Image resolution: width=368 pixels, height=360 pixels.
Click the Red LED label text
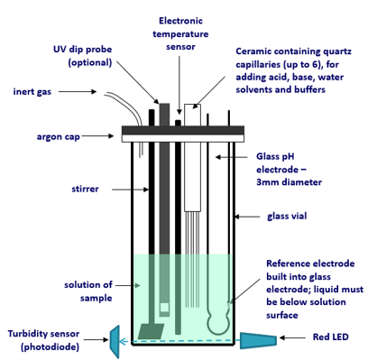[x=330, y=337]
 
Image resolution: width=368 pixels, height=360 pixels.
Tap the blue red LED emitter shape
[x=258, y=340]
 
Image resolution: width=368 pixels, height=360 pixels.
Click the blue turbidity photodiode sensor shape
[x=115, y=342]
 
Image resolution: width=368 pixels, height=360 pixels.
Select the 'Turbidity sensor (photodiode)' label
[x=43, y=340]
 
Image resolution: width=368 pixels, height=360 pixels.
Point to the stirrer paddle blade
[x=151, y=331]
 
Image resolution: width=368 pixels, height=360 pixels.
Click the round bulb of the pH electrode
[x=218, y=324]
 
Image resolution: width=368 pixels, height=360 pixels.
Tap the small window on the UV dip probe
[x=164, y=308]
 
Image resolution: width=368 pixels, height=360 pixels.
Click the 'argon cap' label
[x=59, y=137]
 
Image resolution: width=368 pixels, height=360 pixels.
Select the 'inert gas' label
[x=32, y=91]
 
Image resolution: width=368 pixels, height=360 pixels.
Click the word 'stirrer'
[x=85, y=189]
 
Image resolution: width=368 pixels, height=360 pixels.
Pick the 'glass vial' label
[x=287, y=217]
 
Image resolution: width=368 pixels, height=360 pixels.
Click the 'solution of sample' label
[x=88, y=291]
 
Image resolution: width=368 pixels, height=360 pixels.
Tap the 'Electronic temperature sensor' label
[x=180, y=33]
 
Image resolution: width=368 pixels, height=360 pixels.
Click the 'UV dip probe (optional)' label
[x=83, y=56]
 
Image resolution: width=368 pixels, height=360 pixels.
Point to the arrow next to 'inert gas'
[x=78, y=91]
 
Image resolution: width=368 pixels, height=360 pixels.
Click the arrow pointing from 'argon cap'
[x=97, y=136]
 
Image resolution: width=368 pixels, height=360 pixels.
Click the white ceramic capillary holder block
[x=192, y=157]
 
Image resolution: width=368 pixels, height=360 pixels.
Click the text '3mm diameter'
[x=289, y=182]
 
